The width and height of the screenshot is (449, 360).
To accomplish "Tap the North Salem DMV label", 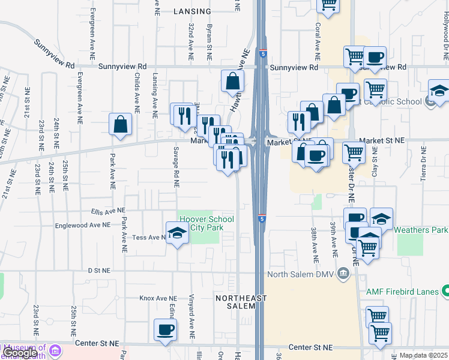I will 300,275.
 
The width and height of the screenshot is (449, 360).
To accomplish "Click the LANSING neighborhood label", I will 192,11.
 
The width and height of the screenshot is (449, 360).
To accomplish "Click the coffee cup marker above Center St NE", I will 165,329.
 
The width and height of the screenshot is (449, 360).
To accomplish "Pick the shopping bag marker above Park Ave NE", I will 120,124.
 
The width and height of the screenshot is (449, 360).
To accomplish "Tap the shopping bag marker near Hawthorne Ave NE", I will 232,81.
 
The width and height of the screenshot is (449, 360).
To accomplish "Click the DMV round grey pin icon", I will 343,275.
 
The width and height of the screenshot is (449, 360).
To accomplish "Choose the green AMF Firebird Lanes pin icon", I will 445,292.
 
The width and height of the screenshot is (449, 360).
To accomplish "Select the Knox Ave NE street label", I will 158,298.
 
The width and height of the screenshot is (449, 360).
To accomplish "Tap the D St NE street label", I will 100,271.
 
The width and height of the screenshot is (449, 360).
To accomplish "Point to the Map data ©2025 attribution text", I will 423,355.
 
